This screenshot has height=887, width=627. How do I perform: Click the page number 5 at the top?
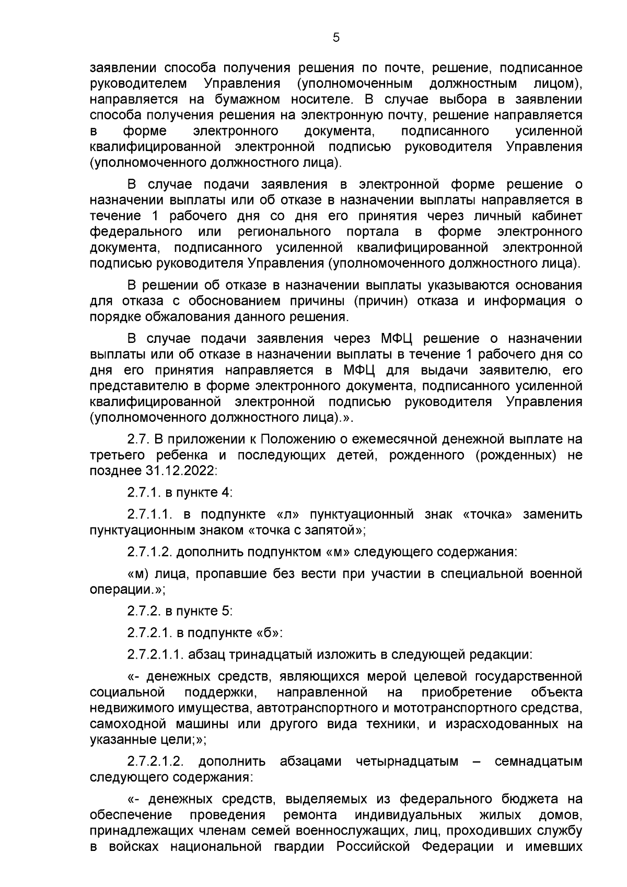[336, 37]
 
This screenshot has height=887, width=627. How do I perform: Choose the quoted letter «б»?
[268, 632]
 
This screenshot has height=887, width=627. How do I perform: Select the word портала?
[373, 231]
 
